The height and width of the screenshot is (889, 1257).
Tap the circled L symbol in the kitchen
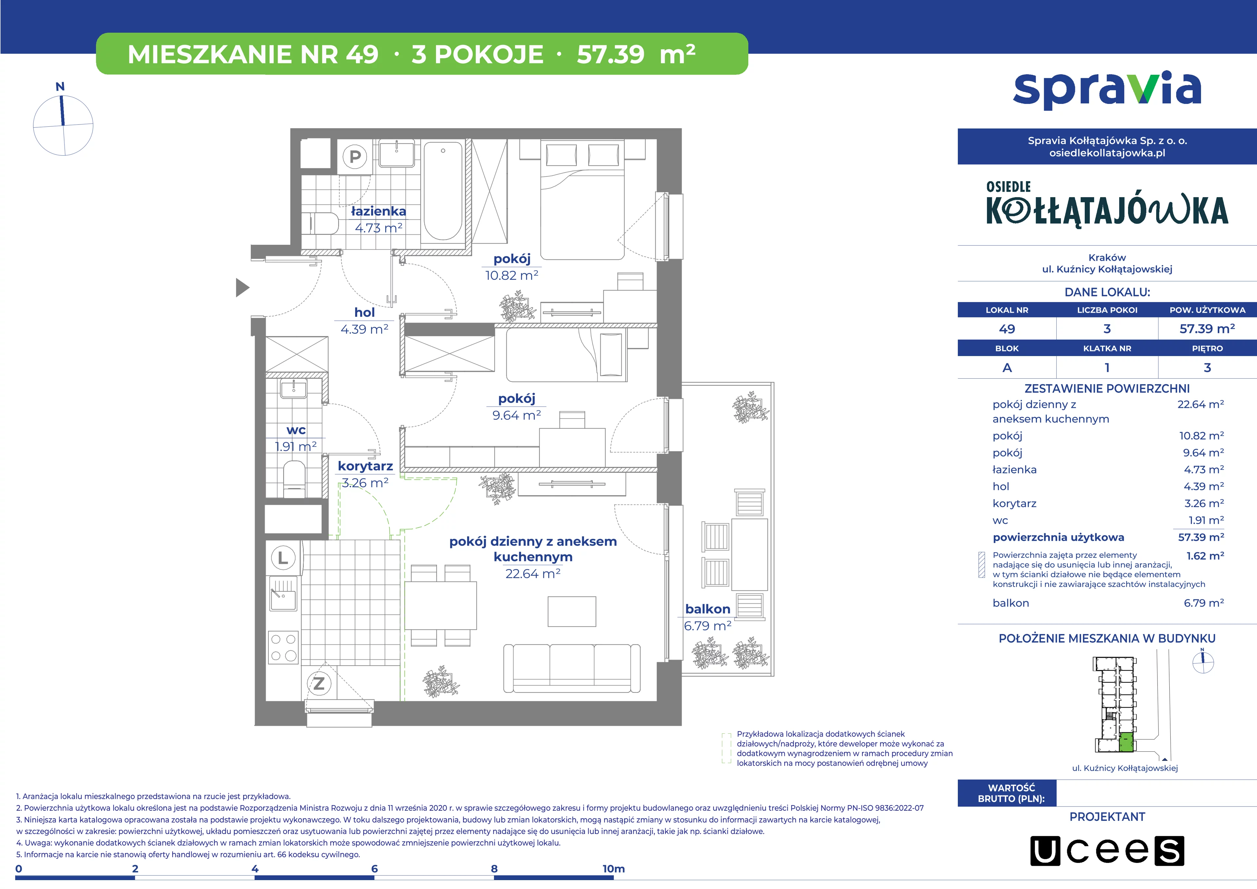283,558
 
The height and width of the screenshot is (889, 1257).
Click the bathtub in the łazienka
443,191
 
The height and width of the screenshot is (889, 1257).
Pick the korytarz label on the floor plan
365,466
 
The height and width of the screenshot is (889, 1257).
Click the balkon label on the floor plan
707,609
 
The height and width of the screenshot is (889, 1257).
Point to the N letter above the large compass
60,86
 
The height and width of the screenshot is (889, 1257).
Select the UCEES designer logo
1107,851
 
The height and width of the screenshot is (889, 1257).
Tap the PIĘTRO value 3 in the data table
1207,368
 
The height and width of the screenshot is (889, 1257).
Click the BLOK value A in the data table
1007,368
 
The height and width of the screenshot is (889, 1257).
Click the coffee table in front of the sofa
572,611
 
